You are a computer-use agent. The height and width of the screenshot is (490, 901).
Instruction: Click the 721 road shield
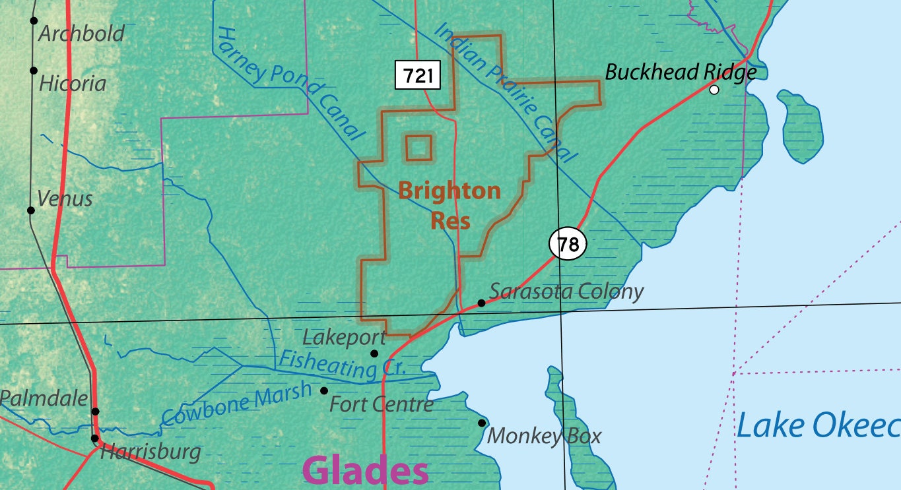click(417, 76)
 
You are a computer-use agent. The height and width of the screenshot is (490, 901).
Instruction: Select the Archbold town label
click(81, 34)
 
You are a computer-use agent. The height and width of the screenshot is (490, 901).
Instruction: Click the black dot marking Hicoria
click(34, 71)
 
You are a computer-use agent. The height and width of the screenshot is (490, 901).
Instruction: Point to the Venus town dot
click(30, 210)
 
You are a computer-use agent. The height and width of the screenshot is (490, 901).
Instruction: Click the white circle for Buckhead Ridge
click(714, 90)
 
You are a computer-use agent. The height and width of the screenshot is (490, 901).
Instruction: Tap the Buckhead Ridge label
click(681, 72)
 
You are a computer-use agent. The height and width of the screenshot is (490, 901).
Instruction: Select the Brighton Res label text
click(450, 205)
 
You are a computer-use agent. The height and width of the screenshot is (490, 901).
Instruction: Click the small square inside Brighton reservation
click(418, 148)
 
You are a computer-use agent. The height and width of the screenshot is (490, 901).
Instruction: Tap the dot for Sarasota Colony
click(482, 303)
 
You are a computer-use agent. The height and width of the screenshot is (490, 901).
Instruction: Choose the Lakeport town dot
click(374, 353)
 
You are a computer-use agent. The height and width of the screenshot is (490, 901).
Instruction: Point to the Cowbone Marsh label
click(236, 403)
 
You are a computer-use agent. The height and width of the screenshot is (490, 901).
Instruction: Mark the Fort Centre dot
click(324, 390)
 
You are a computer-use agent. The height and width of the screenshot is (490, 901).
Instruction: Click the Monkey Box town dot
click(482, 423)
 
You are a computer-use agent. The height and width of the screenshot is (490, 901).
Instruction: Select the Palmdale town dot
click(95, 412)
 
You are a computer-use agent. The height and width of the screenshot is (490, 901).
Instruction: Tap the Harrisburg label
click(150, 452)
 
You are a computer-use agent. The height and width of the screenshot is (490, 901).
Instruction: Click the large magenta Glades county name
click(365, 471)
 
